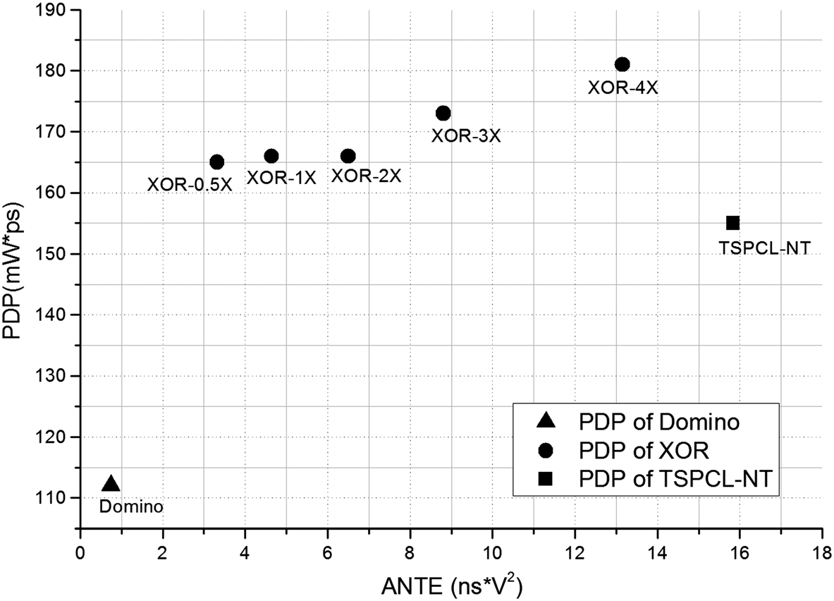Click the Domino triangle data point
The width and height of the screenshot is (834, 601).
point(111,484)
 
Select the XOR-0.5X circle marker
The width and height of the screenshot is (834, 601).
point(217,162)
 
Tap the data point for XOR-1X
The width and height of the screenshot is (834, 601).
point(271,156)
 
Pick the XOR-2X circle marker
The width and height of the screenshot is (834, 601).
point(348,156)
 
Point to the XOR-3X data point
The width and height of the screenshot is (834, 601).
point(443,113)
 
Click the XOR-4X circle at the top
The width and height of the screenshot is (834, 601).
point(622,64)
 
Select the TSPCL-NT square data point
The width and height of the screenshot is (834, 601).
point(732,223)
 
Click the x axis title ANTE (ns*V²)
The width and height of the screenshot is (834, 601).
point(451,583)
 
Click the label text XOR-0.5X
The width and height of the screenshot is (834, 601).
point(190,185)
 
